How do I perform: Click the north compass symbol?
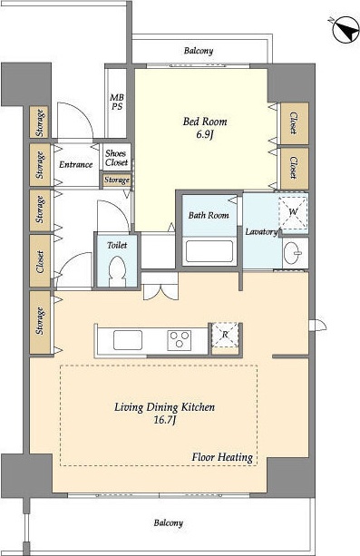coord(345,29)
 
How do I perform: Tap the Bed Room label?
coord(205,122)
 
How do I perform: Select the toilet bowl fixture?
coord(117,271)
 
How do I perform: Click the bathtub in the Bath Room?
coord(209,251)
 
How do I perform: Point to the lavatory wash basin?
coord(293,253)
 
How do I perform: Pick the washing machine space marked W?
coord(293,212)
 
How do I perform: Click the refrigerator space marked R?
coord(225,335)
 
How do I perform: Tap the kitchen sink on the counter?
coord(128,340)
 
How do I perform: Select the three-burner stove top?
coord(180,340)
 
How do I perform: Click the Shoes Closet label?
coord(116,158)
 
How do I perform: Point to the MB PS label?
coord(117,102)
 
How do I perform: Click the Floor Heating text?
coord(222,457)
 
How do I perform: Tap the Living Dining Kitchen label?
coord(164,407)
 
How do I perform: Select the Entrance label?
coord(75,164)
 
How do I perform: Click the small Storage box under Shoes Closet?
coord(117,180)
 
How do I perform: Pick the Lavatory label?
coord(261,232)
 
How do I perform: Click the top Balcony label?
coord(199,51)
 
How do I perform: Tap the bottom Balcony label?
coord(169,522)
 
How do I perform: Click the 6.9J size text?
coord(205,135)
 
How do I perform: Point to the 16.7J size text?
coord(165,421)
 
